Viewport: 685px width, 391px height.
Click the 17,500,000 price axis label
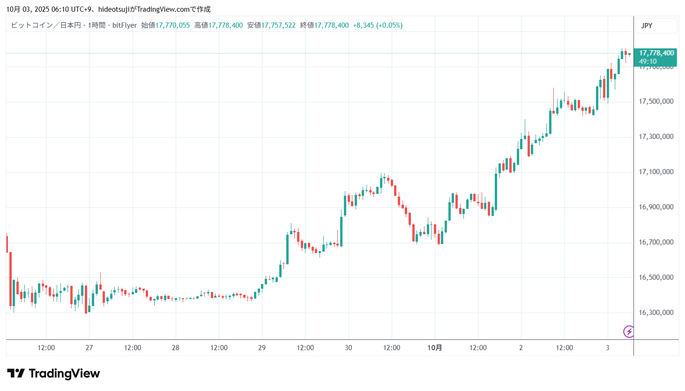656,101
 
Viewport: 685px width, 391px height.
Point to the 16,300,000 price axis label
656,313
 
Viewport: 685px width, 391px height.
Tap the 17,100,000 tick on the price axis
656,172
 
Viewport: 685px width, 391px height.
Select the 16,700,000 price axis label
656,242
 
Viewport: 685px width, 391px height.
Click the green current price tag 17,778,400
656,53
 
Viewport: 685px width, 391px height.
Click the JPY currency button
647,26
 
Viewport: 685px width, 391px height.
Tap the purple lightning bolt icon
629,331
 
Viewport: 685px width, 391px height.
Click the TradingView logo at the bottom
53,374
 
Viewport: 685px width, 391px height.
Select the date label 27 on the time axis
89,348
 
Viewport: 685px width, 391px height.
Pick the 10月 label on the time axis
434,348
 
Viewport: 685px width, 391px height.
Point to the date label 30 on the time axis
348,348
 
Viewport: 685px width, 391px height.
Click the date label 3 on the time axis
607,348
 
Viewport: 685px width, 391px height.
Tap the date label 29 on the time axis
262,348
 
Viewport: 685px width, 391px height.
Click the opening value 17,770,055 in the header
172,25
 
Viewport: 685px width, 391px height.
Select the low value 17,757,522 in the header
278,25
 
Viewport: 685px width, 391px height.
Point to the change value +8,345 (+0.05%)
378,25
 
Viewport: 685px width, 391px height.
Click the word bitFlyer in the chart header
125,25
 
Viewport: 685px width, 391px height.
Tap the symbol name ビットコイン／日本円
46,25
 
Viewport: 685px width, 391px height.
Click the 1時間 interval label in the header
97,25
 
